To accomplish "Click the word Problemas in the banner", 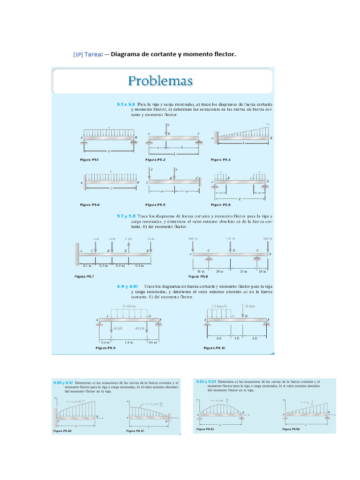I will click(160, 81).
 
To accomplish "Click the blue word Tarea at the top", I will click(92, 54).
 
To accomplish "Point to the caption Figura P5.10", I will click(215, 348).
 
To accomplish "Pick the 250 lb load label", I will click(230, 239).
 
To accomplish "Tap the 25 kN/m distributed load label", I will click(128, 306).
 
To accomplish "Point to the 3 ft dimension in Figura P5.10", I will click(237, 338).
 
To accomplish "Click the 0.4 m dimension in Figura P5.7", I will click(139, 266).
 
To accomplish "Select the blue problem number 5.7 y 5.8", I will click(126, 217).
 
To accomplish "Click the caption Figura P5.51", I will click(135, 430).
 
